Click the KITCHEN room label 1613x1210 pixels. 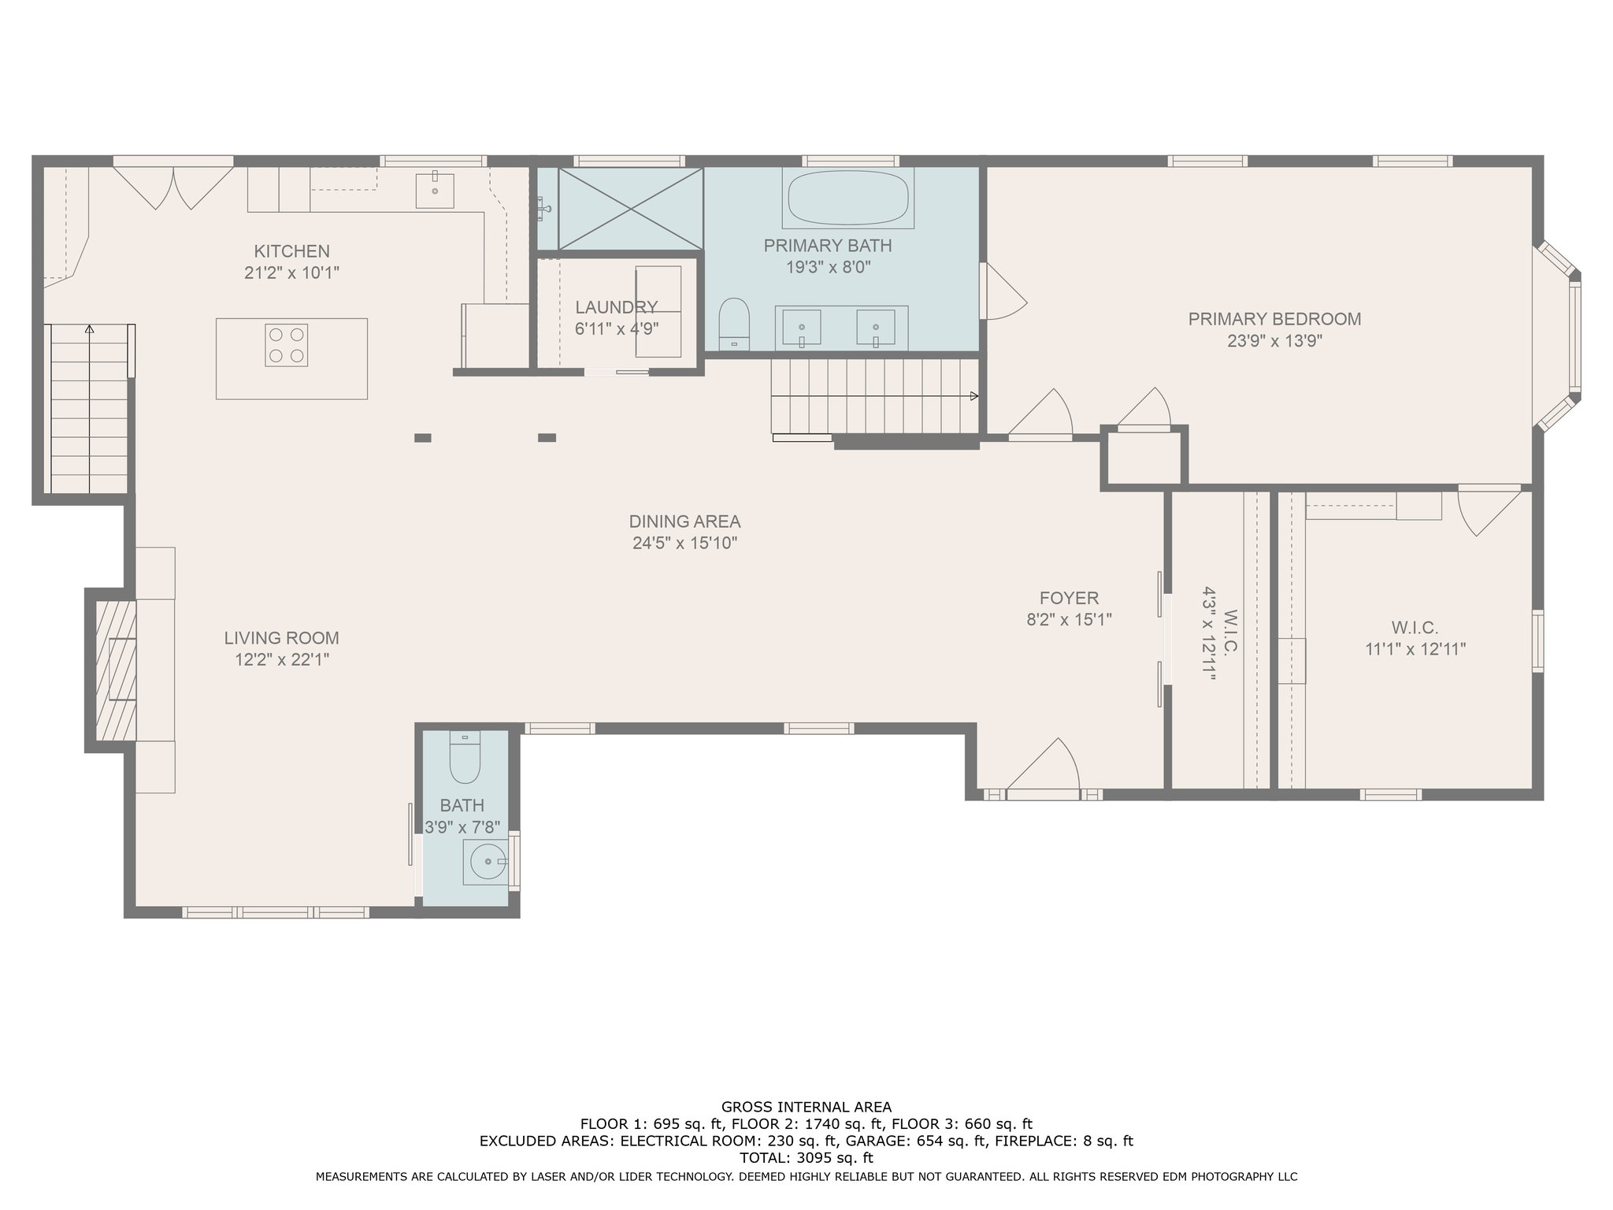point(291,251)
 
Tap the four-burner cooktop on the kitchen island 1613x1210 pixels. point(286,345)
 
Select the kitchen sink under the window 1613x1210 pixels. point(435,191)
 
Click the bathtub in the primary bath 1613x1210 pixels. point(848,199)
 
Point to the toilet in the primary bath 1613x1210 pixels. point(734,324)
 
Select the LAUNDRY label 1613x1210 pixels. point(616,307)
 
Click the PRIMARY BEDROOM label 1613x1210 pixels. point(1274,319)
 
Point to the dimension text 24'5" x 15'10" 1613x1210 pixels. point(684,543)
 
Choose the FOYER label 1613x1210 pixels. point(1069,598)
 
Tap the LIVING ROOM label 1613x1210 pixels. point(281,638)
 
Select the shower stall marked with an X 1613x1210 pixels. point(630,208)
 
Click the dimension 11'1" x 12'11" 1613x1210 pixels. point(1415,649)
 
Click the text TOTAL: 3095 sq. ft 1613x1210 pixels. point(806,1158)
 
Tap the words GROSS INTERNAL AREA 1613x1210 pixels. point(806,1107)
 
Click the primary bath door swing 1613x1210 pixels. point(1004,291)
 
